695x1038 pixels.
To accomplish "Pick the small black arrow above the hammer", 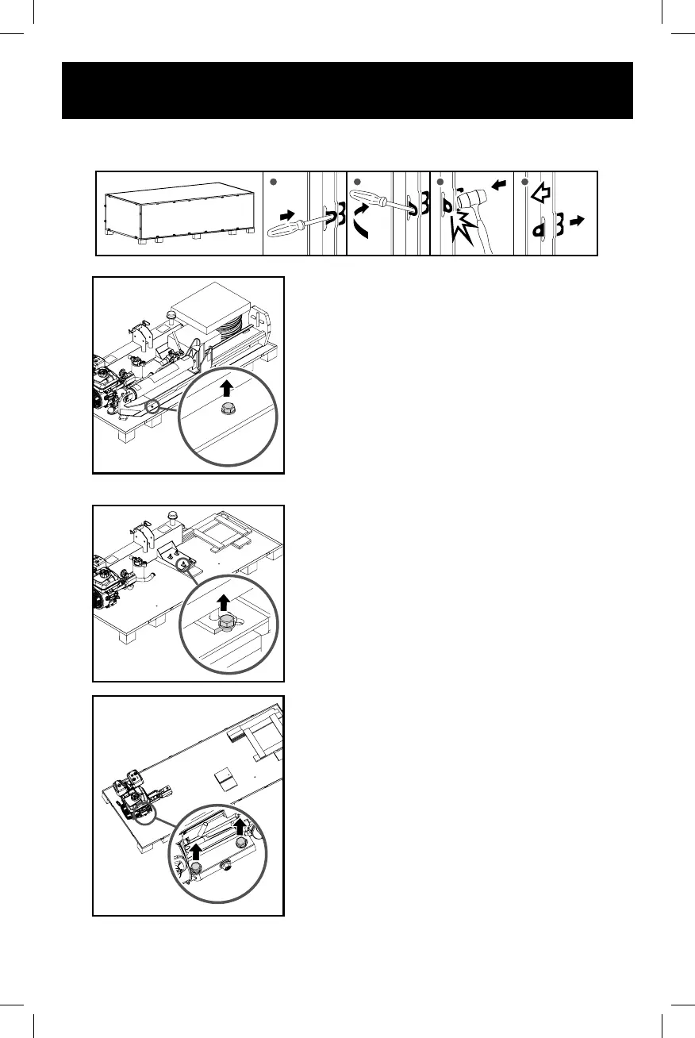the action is pyautogui.click(x=498, y=185).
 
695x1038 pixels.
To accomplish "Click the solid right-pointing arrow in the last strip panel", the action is pyautogui.click(x=578, y=223).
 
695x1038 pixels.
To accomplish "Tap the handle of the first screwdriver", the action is pyautogui.click(x=286, y=230).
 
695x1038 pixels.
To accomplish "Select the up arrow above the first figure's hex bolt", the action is pyautogui.click(x=228, y=388).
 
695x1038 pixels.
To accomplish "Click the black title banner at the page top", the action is pyautogui.click(x=347, y=90).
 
